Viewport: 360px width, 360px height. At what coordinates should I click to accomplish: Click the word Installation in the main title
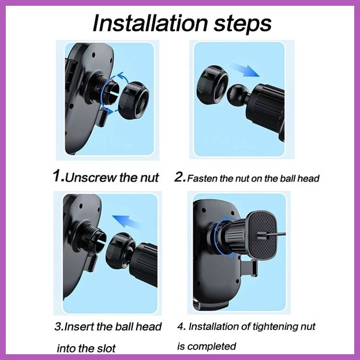point(150,23)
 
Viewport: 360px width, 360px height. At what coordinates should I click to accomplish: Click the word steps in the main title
point(243,24)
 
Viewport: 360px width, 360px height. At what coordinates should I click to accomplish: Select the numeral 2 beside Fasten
point(179,177)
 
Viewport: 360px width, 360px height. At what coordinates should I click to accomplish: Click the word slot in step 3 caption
point(107,348)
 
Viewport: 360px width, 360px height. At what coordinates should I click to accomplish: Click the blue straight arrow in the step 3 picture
point(126,222)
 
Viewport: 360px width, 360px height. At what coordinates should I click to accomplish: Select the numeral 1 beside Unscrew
point(57,176)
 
